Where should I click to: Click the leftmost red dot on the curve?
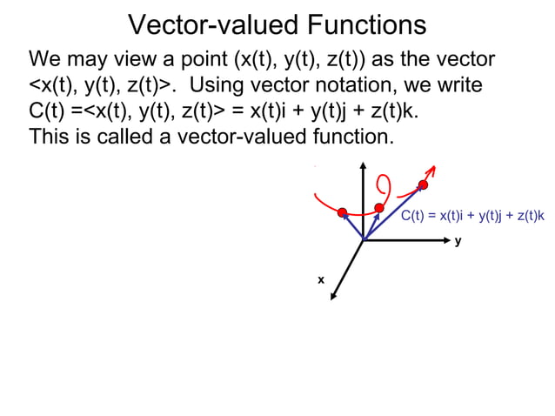[x=343, y=212]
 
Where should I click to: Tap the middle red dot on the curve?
[x=379, y=207]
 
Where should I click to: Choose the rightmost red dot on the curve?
[x=424, y=185]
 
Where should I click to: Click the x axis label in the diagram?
[x=320, y=279]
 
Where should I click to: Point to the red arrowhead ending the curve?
[x=431, y=168]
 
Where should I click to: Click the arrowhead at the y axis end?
[x=451, y=240]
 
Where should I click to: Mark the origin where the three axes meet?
[x=363, y=240]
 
